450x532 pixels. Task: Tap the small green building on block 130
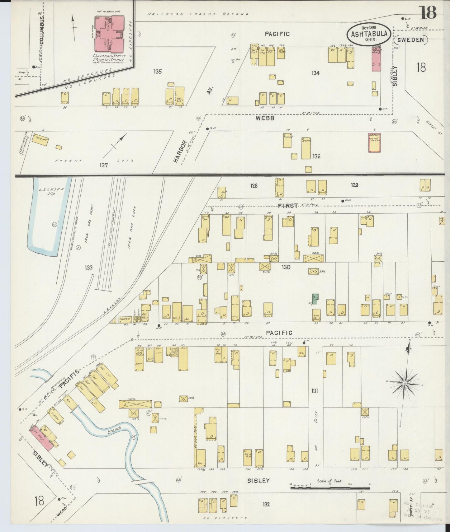click(315, 299)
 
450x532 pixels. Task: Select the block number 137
click(103, 165)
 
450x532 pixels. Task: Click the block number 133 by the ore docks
click(89, 268)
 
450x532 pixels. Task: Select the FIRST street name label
click(288, 205)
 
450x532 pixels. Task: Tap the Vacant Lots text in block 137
click(93, 161)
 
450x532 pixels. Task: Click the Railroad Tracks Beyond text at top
click(198, 14)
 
